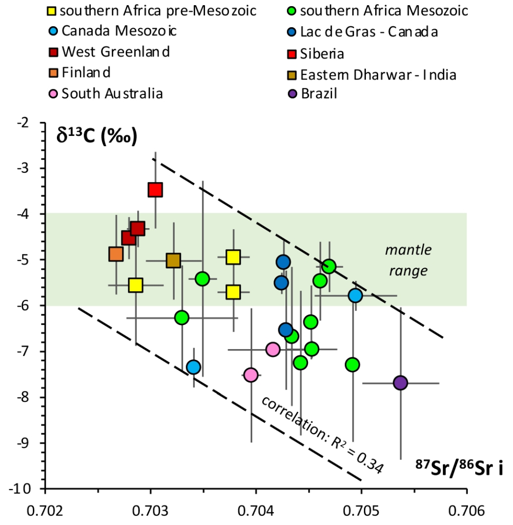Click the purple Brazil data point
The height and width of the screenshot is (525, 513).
pos(400,382)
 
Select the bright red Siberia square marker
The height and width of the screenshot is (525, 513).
pos(155,190)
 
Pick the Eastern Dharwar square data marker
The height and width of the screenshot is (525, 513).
pos(174,260)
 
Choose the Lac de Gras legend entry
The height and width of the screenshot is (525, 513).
pos(362,32)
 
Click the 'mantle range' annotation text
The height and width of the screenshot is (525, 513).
pos(408,260)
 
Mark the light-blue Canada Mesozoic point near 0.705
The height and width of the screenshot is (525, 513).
pos(355,295)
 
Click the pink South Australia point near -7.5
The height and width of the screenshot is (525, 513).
pos(251,375)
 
